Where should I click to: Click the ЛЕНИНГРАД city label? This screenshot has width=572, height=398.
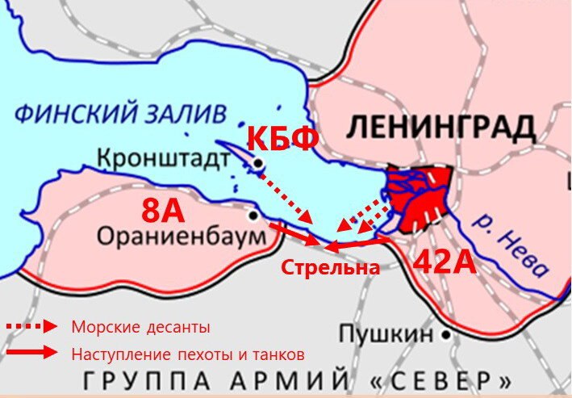point(442,128)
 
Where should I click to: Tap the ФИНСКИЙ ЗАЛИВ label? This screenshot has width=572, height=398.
point(121,113)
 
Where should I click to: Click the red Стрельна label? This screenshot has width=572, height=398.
point(330,268)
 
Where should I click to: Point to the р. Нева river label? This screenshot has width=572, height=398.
point(511,241)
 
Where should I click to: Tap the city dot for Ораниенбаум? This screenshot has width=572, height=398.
point(253,216)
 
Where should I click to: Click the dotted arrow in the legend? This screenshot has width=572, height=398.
point(32,326)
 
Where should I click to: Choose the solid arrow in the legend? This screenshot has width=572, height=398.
point(32,352)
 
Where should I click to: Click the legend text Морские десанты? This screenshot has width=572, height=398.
point(141,327)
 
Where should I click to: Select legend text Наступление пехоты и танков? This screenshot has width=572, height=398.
point(188,353)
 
